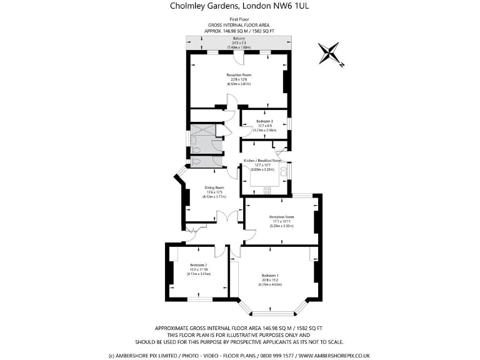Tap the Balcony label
click(239, 39)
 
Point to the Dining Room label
click(214, 187)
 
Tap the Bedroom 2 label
click(197, 266)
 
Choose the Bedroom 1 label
click(270, 276)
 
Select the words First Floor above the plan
click(239, 19)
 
